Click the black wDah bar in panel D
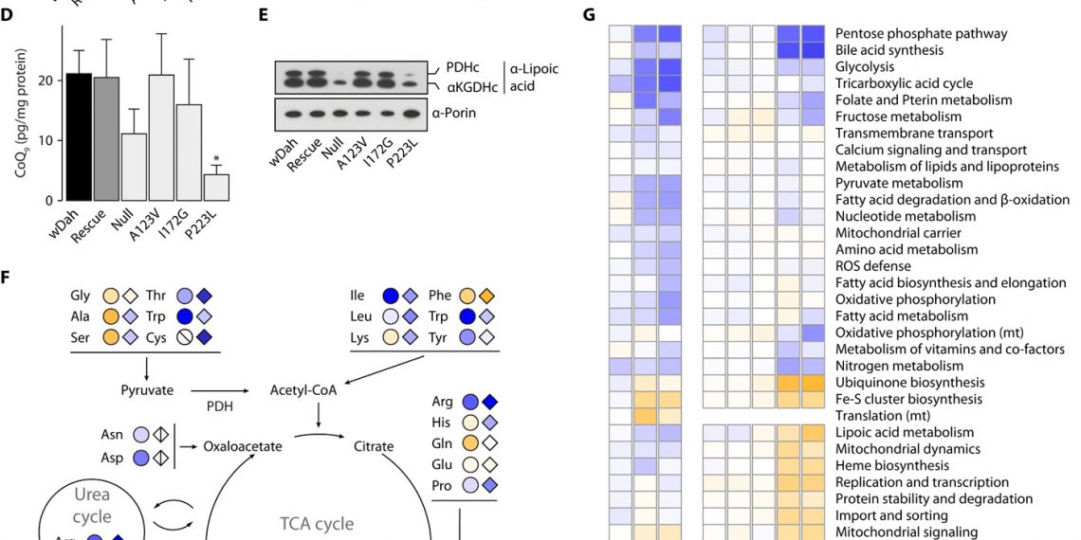point(79,136)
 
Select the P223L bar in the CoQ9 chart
point(218,187)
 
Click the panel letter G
point(591,15)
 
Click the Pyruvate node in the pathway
point(147,389)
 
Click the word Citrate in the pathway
point(375,444)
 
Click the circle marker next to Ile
point(390,295)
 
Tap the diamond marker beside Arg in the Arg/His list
point(488,401)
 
